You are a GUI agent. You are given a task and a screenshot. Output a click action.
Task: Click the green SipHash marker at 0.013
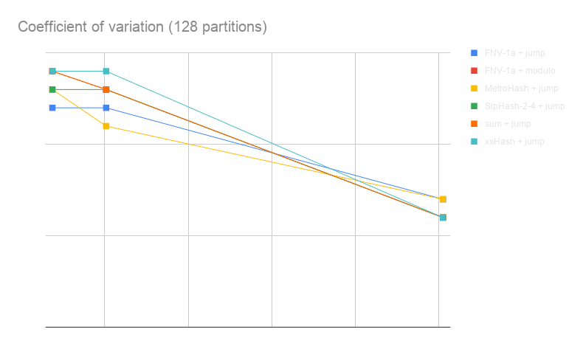pyautogui.click(x=52, y=89)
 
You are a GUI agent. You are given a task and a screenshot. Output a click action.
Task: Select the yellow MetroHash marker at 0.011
pyautogui.click(x=106, y=126)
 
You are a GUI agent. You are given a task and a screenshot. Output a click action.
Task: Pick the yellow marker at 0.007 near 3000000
pyautogui.click(x=443, y=199)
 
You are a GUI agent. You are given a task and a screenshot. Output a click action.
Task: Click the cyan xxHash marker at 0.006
pyautogui.click(x=443, y=218)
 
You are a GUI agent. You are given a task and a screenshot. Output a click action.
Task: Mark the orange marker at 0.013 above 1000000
pyautogui.click(x=106, y=90)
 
